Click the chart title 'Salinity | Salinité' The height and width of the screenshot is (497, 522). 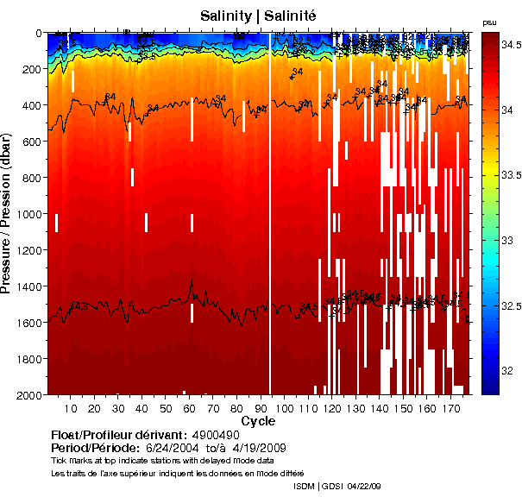click(258, 16)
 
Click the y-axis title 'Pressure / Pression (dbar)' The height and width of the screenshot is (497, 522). click(16, 213)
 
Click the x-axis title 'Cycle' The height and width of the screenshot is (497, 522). click(258, 421)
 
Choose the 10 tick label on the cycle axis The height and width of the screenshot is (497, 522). click(70, 407)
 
